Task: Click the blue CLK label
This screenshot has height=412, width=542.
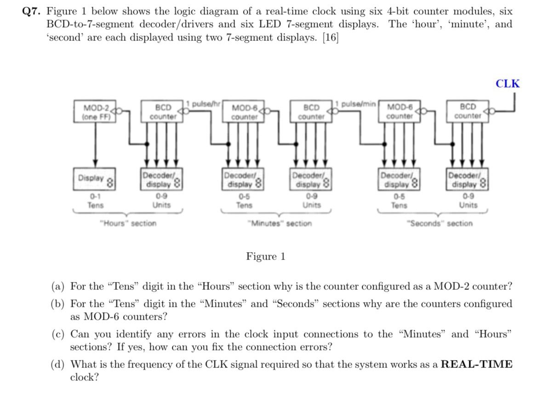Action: coord(508,84)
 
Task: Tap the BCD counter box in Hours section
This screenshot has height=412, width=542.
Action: coord(163,112)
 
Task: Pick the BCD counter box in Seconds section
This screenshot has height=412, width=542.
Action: coord(468,112)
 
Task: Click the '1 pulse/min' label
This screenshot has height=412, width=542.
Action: coord(357,103)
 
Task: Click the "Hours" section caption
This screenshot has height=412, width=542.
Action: coord(128,224)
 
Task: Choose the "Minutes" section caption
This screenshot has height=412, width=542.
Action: coord(279,224)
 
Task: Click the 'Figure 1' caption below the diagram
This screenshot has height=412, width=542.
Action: coord(266,256)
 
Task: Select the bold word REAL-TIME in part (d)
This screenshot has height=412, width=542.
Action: coord(477,365)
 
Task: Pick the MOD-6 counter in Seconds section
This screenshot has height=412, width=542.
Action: coord(399,113)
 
